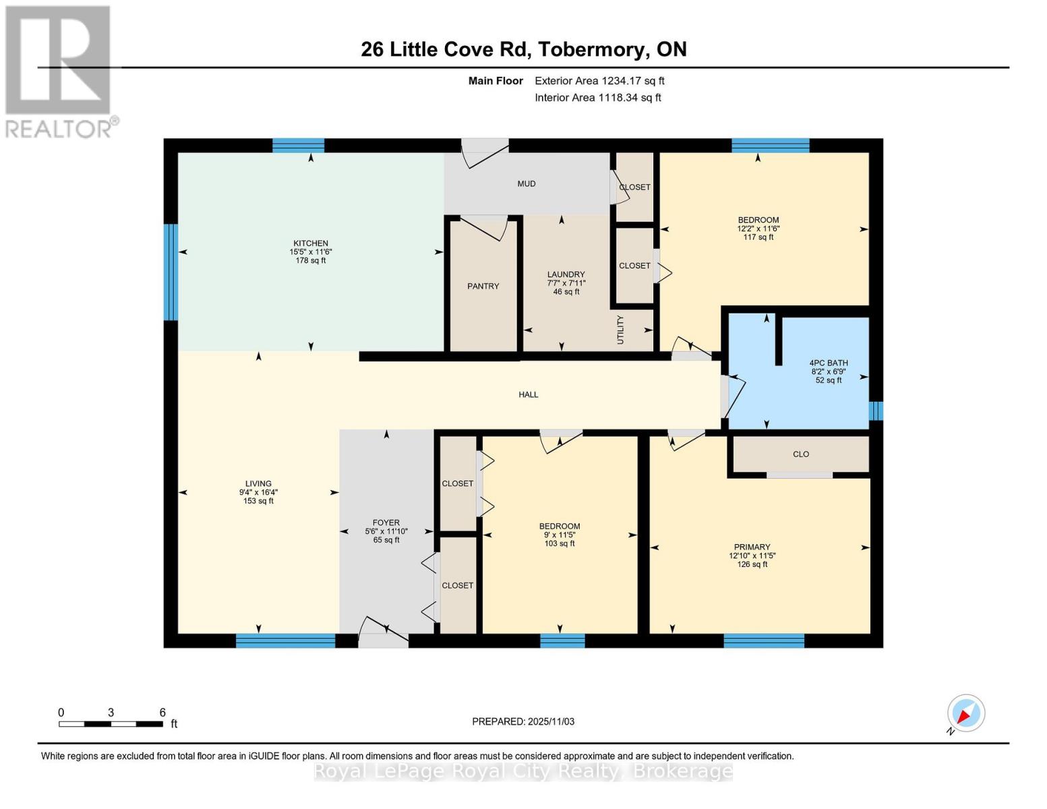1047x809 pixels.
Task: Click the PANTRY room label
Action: (x=483, y=287)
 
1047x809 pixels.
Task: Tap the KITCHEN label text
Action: (x=310, y=243)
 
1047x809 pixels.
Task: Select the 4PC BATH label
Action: (x=829, y=363)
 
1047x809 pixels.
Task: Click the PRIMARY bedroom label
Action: (x=752, y=547)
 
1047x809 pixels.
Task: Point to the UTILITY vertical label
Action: (x=621, y=330)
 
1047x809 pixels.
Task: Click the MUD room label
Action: (x=527, y=184)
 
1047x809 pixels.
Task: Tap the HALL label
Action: (x=529, y=394)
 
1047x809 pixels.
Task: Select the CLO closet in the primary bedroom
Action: (x=800, y=454)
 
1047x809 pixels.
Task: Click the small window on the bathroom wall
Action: (x=875, y=411)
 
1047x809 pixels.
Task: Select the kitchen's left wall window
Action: (x=171, y=272)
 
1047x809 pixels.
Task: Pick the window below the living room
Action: (x=285, y=640)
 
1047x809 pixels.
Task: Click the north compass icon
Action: (x=965, y=713)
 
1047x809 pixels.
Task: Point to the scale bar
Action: (x=111, y=724)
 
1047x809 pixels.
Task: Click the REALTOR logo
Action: (x=59, y=71)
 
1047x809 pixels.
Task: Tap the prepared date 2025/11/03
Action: (x=523, y=721)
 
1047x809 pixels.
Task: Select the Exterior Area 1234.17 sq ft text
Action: (x=599, y=81)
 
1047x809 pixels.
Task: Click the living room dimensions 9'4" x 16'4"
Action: (x=258, y=492)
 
